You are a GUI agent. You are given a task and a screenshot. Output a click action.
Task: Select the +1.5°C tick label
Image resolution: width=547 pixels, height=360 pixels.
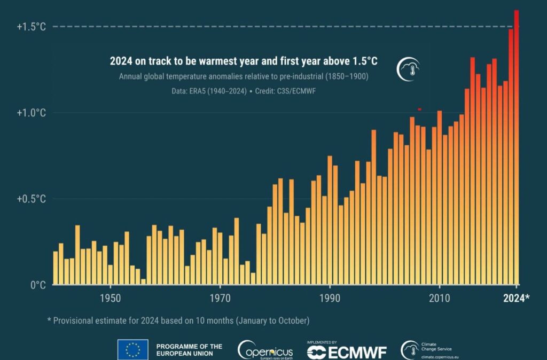pyautogui.click(x=30, y=26)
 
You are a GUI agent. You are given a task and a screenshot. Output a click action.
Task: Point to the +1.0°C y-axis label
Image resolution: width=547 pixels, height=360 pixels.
pyautogui.click(x=30, y=113)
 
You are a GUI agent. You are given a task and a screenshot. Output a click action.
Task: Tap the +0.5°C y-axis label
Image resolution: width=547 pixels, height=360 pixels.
pyautogui.click(x=30, y=199)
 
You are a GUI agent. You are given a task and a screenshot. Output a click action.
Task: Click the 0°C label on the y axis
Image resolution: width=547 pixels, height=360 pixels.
pyautogui.click(x=37, y=285)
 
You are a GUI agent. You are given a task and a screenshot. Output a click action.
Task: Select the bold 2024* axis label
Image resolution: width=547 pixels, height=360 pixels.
pyautogui.click(x=516, y=299)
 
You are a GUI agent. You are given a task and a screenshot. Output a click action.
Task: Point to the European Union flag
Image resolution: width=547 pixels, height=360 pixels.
pyautogui.click(x=133, y=350)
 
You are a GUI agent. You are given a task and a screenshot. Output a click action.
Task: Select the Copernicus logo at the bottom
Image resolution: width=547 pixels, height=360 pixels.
pyautogui.click(x=265, y=350)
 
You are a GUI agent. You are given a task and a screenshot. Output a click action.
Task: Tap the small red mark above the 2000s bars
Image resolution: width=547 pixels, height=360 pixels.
pyautogui.click(x=420, y=109)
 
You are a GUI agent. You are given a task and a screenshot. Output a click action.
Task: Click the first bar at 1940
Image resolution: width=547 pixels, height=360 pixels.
pyautogui.click(x=56, y=268)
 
